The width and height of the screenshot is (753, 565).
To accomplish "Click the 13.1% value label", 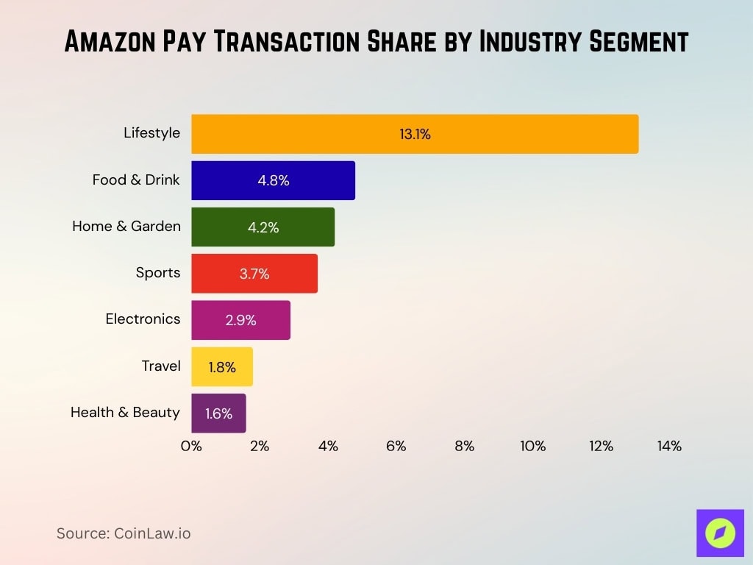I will [x=415, y=134].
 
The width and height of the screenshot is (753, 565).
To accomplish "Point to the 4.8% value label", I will [x=273, y=180].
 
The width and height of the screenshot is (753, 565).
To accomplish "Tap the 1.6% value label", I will [x=218, y=413].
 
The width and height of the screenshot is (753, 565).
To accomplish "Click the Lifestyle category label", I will [x=151, y=133].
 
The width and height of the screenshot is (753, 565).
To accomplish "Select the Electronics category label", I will [x=143, y=319].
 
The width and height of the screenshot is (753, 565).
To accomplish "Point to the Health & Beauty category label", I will [x=125, y=413].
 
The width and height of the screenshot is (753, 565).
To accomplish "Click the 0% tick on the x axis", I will [x=191, y=446].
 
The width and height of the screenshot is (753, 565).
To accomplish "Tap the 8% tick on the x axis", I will [x=464, y=446].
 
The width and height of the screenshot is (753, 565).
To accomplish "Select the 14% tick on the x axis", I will [x=669, y=446].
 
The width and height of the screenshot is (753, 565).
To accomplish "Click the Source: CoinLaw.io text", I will [x=124, y=533].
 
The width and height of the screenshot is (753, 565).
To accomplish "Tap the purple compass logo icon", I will [x=720, y=533].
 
